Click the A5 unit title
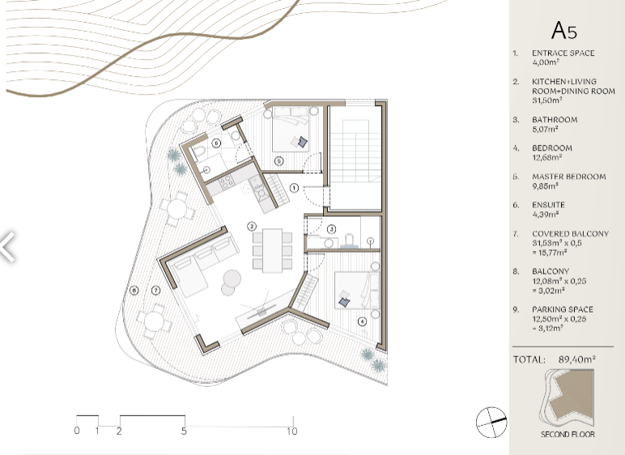point(564,31)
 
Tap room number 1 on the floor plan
point(294,187)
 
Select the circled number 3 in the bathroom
point(332,229)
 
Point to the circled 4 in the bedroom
point(362,321)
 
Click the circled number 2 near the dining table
point(252,227)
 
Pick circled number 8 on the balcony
point(134,291)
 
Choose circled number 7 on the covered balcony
point(156,291)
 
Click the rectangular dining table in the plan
point(272,250)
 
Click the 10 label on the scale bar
point(291,431)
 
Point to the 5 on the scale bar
point(184,431)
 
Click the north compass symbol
point(491,423)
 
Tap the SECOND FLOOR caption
point(568,434)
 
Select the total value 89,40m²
point(576,359)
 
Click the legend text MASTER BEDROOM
point(569,176)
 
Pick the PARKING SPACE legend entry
point(563,309)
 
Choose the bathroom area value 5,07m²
point(545,129)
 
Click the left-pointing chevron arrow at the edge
point(8,248)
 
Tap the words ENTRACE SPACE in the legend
point(563,53)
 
